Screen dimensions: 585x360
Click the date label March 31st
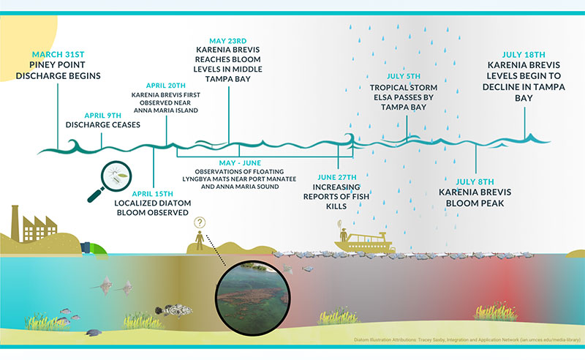(58, 55)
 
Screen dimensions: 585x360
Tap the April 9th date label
(103, 116)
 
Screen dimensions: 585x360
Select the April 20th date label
(166, 86)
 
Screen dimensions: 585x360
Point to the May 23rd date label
(228, 41)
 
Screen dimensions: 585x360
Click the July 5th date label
(404, 76)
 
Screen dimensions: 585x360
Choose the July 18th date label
(524, 55)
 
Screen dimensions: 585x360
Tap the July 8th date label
(475, 182)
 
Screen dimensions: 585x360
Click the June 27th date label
(337, 177)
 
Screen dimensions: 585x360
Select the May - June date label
(240, 163)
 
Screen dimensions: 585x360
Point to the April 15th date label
(153, 194)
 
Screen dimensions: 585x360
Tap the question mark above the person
(200, 223)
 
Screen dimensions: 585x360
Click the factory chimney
(15, 223)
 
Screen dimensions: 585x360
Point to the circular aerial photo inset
(253, 297)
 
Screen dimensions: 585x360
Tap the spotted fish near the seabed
(173, 310)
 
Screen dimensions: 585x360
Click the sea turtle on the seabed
(94, 332)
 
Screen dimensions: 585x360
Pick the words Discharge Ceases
(103, 124)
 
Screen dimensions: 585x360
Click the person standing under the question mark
(200, 240)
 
